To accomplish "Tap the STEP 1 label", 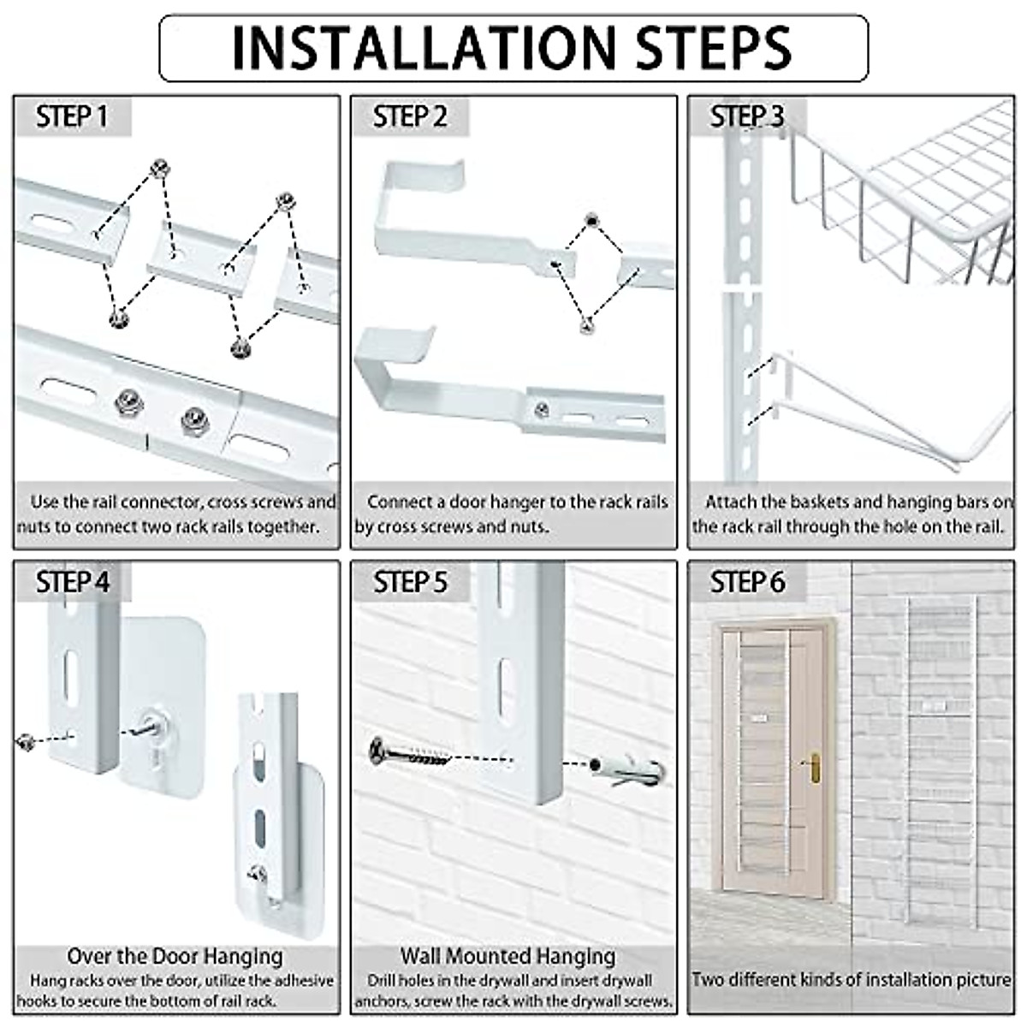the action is click(72, 116).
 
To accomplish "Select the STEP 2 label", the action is click(410, 116).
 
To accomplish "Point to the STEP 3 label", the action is click(746, 116).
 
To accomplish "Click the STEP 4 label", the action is click(73, 581).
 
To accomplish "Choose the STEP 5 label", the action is click(410, 581).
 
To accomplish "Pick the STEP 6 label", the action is click(747, 581).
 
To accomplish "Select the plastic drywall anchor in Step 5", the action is click(628, 769).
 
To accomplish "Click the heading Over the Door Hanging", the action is click(175, 957).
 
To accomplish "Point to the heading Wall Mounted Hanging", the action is click(508, 957).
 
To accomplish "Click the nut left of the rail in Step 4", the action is click(25, 741).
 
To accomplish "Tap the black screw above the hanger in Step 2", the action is click(591, 218).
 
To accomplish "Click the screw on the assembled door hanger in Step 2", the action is click(542, 409).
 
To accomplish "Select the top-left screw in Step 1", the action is click(159, 168).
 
